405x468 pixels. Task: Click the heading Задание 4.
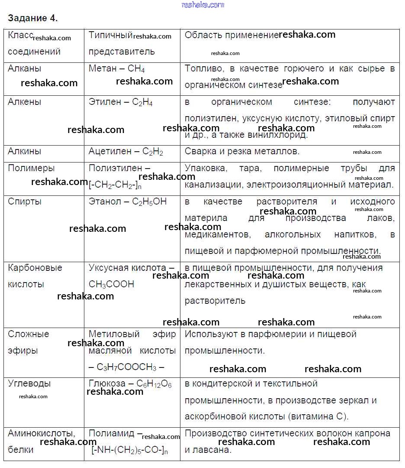tap(33, 18)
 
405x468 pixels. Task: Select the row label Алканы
tap(25, 68)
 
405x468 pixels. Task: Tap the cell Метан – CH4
tap(116, 68)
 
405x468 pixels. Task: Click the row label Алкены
tap(25, 102)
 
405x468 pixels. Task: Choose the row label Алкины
tap(25, 151)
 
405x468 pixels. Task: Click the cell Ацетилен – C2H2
tap(125, 152)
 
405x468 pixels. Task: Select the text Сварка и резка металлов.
tap(242, 151)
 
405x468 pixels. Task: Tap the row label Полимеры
tap(31, 168)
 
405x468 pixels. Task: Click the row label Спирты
tap(25, 201)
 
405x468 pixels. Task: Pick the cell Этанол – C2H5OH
tap(127, 201)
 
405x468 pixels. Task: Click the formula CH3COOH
tap(111, 284)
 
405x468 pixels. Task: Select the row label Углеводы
tap(29, 383)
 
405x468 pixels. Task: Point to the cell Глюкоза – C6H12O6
tap(130, 384)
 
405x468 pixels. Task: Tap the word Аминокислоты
tap(42, 433)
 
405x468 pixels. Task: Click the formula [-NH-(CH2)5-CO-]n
tap(129, 450)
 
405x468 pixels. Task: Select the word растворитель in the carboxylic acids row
tap(215, 301)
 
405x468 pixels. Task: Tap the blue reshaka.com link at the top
tap(203, 5)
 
